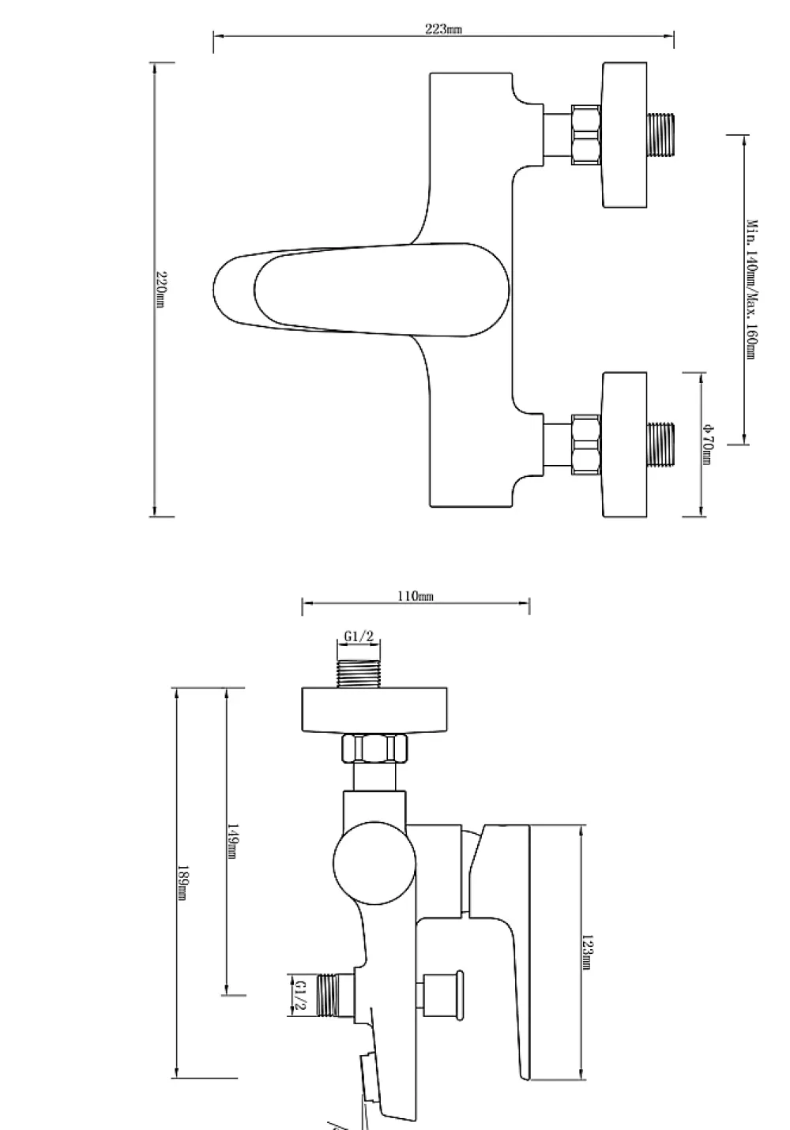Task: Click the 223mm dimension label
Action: pyautogui.click(x=443, y=28)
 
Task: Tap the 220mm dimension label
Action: pyautogui.click(x=161, y=290)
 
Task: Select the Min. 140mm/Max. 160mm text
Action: pyautogui.click(x=752, y=290)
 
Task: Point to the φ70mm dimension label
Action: pyautogui.click(x=708, y=445)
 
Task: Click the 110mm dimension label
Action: pyautogui.click(x=416, y=595)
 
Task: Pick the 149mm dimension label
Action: pyautogui.click(x=232, y=841)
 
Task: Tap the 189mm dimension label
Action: pyautogui.click(x=182, y=883)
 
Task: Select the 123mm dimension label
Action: pyautogui.click(x=586, y=952)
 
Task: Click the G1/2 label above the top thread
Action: pyautogui.click(x=359, y=636)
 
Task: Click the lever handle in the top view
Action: pyautogui.click(x=362, y=290)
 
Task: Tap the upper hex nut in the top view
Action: pyautogui.click(x=586, y=135)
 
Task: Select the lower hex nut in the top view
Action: pyautogui.click(x=586, y=445)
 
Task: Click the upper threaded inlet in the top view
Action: pyautogui.click(x=660, y=135)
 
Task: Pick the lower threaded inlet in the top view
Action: pyautogui.click(x=660, y=445)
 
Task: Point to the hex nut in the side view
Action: pyautogui.click(x=374, y=748)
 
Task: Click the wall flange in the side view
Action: pyautogui.click(x=374, y=709)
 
